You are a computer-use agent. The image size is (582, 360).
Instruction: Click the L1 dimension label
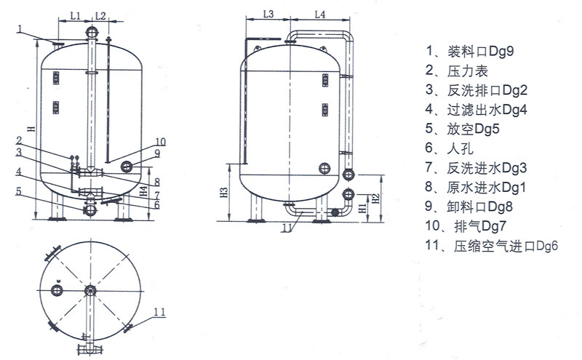tap(76, 15)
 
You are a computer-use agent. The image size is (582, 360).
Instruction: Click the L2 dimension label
tap(100, 15)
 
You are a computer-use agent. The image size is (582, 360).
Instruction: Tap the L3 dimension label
tap(268, 14)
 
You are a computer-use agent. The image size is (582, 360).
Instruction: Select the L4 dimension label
tap(320, 14)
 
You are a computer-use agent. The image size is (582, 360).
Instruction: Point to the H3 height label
tap(224, 193)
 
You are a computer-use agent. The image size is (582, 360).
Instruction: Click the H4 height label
tap(143, 192)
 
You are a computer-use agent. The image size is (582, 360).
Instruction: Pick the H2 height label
tap(375, 199)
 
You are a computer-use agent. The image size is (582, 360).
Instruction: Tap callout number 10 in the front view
tap(160, 142)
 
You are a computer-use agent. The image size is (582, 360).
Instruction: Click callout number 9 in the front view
tap(157, 153)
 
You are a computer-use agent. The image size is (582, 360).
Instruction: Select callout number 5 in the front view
tap(19, 192)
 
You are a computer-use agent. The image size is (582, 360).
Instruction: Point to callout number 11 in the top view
tap(159, 312)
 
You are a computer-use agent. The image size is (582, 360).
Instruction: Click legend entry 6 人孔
tap(449, 148)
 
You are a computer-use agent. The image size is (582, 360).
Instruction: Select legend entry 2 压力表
tap(456, 71)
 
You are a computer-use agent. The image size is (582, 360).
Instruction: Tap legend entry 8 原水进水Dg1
tap(476, 188)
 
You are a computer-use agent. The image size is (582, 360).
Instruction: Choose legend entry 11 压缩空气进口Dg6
tap(492, 246)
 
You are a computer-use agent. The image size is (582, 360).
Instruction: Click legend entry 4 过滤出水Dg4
tap(476, 110)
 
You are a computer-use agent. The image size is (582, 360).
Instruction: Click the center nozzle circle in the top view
tap(90, 291)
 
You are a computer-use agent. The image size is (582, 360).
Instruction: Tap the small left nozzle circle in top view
tap(57, 290)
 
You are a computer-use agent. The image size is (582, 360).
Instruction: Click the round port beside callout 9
tap(127, 167)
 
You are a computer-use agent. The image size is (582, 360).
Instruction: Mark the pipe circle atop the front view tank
tap(92, 32)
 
